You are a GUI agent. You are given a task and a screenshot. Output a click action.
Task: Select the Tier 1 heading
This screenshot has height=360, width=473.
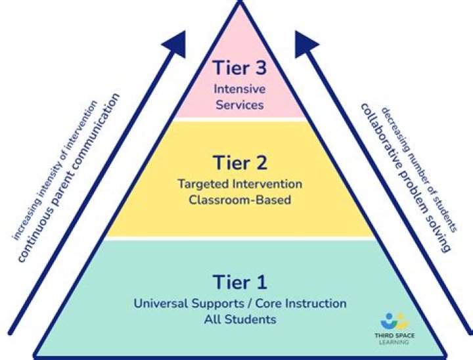240,282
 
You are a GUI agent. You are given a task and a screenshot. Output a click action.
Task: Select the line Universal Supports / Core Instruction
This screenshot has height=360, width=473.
240,304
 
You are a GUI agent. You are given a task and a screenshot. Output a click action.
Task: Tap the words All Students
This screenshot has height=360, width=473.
240,320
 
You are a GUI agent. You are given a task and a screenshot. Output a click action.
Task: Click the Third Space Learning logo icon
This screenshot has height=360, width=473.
394,321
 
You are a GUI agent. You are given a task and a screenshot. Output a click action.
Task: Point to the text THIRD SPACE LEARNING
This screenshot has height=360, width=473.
394,338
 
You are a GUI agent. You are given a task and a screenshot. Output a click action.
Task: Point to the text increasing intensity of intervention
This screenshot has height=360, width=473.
56,169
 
